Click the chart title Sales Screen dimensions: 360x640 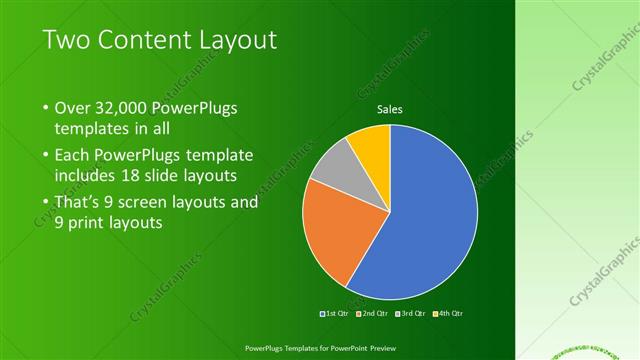[x=389, y=110]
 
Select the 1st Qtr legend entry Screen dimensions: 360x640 [x=335, y=313]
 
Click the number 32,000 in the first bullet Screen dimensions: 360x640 [x=122, y=108]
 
